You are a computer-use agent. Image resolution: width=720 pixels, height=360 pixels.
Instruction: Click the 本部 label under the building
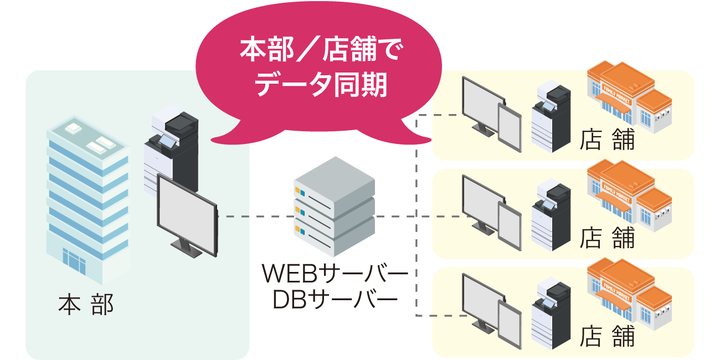86,305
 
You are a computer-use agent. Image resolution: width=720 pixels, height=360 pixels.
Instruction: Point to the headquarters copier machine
169,150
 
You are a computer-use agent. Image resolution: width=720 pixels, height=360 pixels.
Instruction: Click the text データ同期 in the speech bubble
321,84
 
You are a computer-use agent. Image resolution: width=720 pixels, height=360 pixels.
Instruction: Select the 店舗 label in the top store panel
608,141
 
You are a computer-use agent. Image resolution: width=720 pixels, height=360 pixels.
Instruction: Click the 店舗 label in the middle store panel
608,239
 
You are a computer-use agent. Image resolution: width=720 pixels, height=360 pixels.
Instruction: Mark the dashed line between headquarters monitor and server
255,217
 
